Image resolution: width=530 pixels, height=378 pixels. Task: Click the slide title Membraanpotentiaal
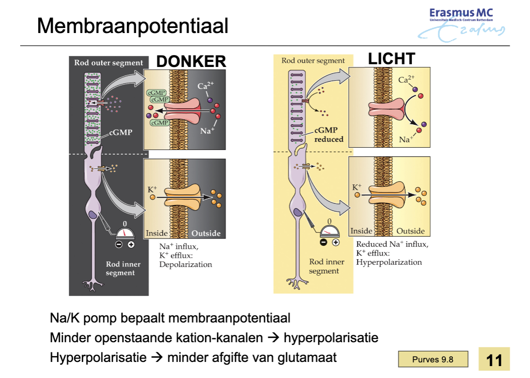click(132, 26)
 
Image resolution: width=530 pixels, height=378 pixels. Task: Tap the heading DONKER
click(191, 62)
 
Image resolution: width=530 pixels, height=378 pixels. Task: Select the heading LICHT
click(391, 59)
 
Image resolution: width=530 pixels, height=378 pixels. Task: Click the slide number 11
click(494, 360)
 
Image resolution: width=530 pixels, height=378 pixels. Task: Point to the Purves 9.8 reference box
click(433, 359)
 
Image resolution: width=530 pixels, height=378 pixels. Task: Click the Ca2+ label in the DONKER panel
click(205, 86)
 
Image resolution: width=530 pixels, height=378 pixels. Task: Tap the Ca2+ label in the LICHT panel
click(406, 80)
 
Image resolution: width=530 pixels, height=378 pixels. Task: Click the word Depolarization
click(186, 265)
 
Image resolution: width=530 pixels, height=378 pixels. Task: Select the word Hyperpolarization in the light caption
click(389, 262)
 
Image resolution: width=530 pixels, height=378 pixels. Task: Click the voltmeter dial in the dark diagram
click(125, 233)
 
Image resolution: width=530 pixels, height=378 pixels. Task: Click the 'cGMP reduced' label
click(328, 135)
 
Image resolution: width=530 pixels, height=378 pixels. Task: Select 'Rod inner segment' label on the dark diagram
click(123, 268)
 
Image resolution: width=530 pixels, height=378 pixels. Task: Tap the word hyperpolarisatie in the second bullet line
click(331, 338)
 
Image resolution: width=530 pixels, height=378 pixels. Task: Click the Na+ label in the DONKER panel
click(207, 131)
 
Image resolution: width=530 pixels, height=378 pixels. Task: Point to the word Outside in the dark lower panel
click(206, 233)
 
